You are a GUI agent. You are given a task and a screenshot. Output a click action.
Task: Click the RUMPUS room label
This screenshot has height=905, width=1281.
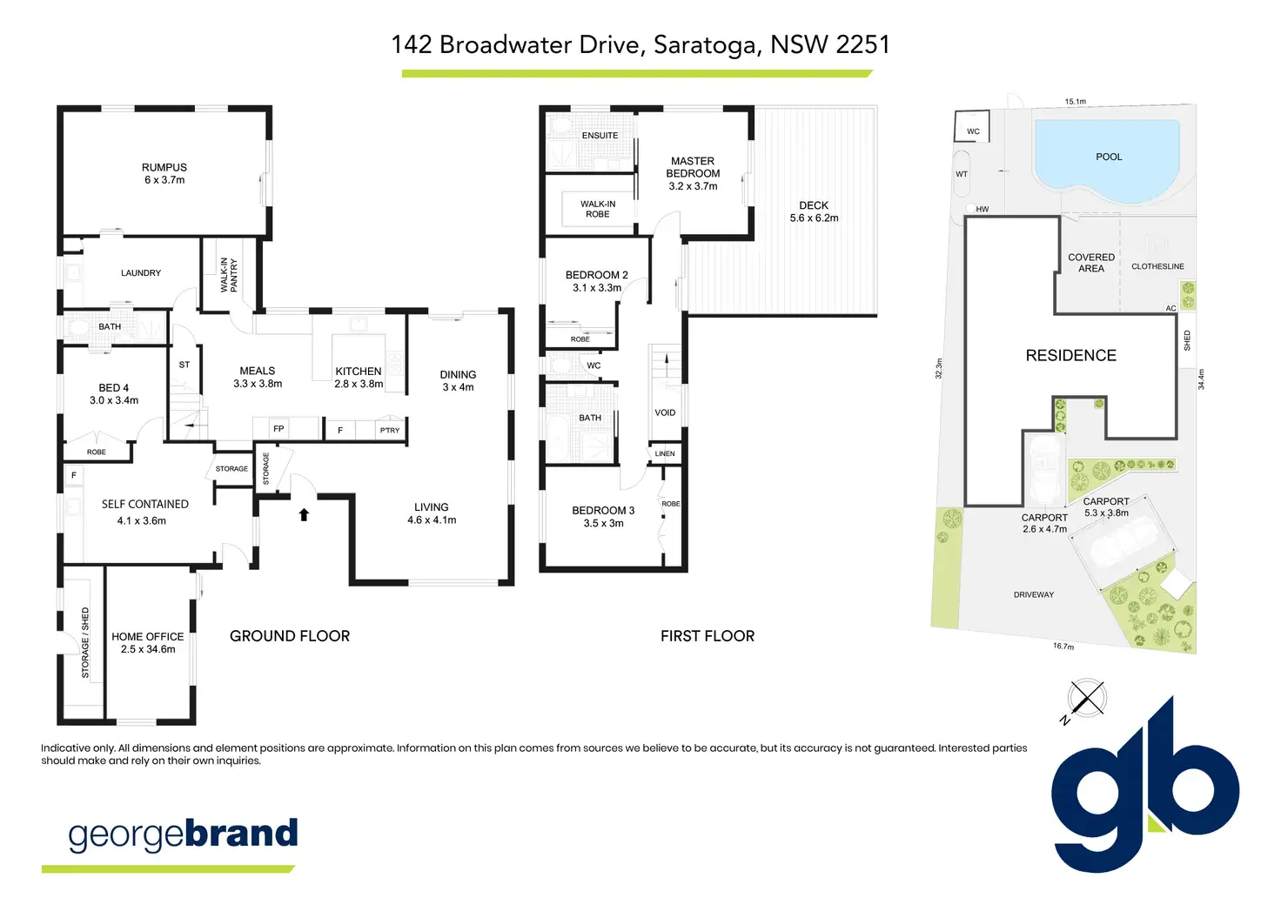click(164, 167)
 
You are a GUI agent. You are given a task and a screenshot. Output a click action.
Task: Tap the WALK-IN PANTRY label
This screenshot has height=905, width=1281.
click(229, 274)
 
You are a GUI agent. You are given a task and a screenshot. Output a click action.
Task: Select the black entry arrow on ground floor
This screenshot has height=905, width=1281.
click(304, 514)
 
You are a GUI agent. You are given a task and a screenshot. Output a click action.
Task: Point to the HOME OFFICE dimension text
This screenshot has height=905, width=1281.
click(148, 649)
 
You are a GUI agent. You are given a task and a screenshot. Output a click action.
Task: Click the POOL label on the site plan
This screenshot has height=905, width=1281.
click(1109, 157)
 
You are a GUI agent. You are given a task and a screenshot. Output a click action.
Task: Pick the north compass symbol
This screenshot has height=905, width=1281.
click(1086, 699)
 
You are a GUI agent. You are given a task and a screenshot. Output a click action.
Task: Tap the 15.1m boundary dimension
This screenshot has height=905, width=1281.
click(1076, 102)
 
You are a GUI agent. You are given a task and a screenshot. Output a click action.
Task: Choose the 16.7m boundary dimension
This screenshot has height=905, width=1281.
click(1063, 647)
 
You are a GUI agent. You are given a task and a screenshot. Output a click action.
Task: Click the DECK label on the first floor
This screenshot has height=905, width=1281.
click(814, 205)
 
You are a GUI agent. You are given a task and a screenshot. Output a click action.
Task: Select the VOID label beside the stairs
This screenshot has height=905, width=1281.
click(665, 412)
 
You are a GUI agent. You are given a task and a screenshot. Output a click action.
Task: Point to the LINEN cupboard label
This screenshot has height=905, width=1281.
click(665, 453)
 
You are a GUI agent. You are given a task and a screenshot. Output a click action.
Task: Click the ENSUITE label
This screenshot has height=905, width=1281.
click(600, 136)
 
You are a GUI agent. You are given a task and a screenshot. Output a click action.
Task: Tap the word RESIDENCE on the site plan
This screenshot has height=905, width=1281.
click(1070, 355)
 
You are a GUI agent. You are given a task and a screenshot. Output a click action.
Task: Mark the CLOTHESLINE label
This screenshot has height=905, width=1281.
click(1157, 266)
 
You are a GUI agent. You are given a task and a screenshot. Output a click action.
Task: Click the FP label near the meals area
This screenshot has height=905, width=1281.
click(278, 428)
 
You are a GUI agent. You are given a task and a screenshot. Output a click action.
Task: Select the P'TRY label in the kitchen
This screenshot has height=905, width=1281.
click(390, 430)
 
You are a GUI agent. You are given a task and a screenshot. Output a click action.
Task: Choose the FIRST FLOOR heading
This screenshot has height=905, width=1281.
click(708, 636)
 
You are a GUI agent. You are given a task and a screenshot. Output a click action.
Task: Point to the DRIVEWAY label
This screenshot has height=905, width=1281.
click(1034, 594)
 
